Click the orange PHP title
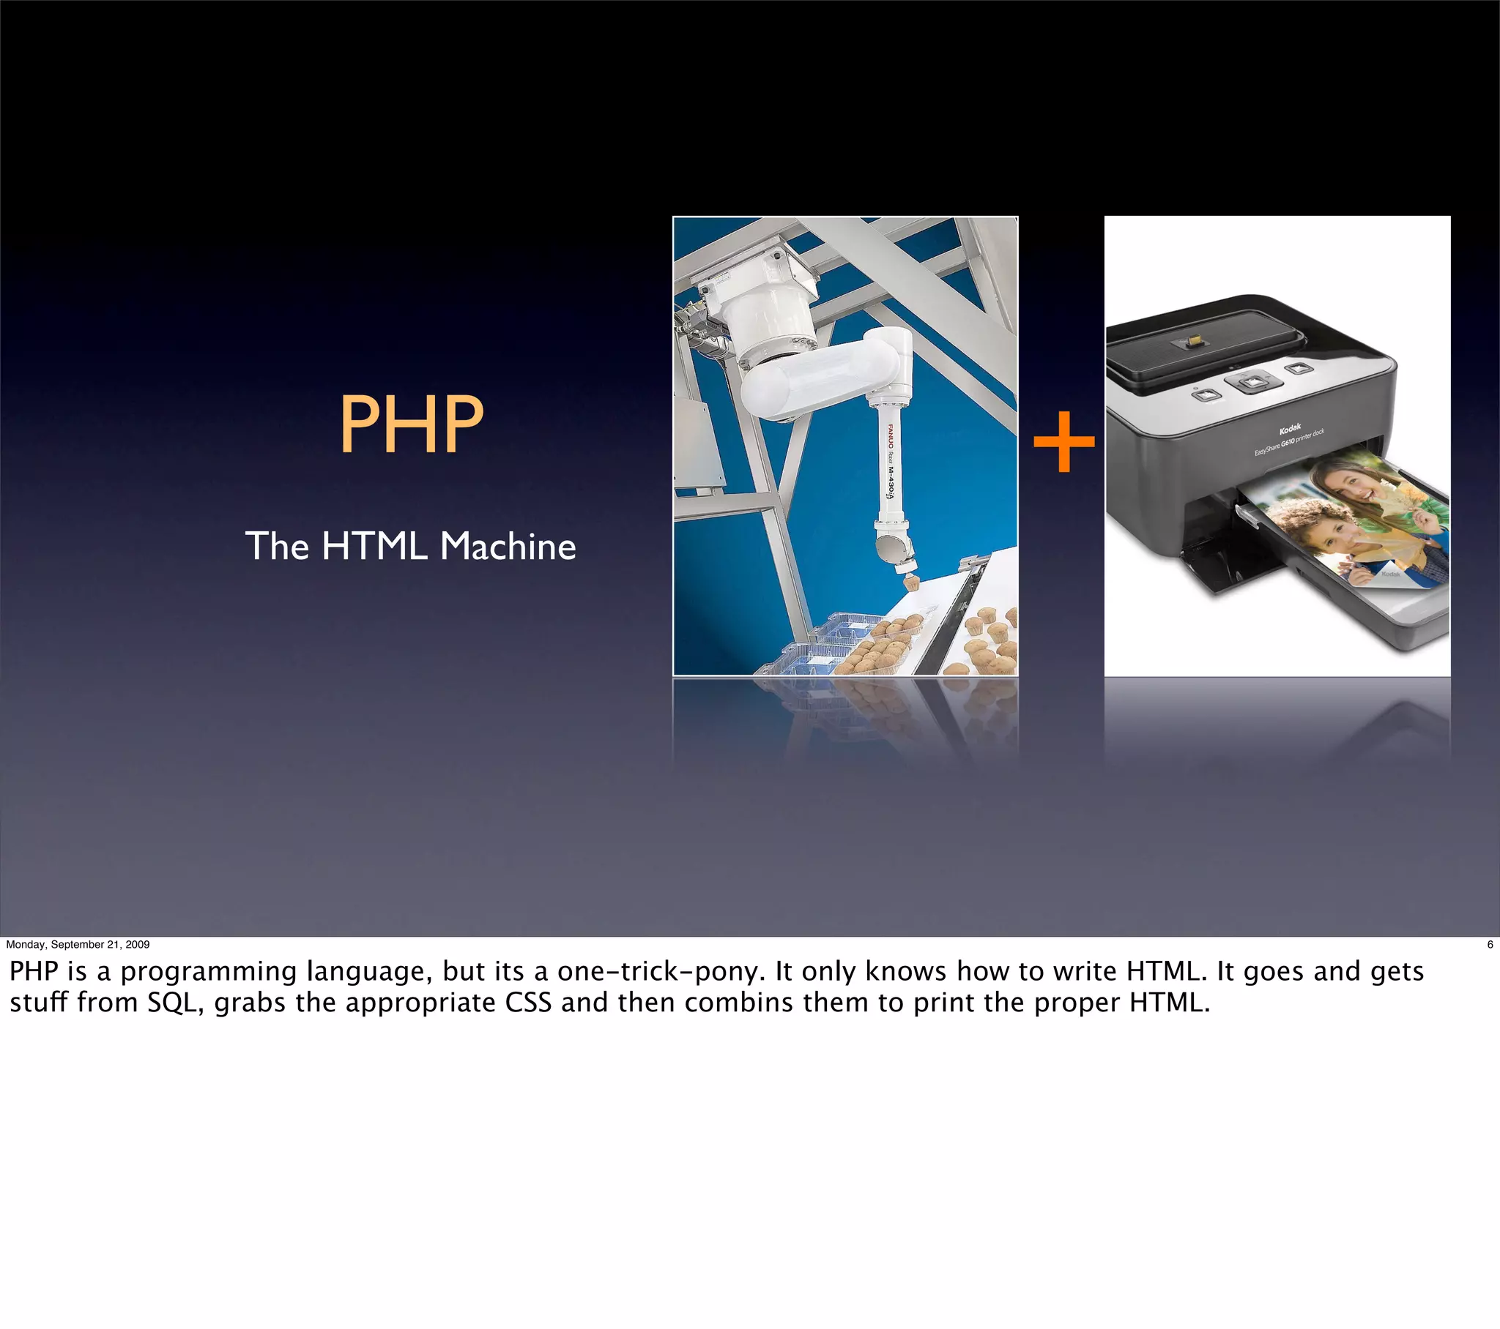pyautogui.click(x=411, y=424)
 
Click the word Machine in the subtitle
pyautogui.click(x=508, y=547)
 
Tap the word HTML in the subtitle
pyautogui.click(x=374, y=547)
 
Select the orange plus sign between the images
pyautogui.click(x=1063, y=441)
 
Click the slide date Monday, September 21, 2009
pyautogui.click(x=78, y=944)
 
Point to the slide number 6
pyautogui.click(x=1489, y=944)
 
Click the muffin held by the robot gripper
pyautogui.click(x=911, y=584)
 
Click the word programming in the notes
pyautogui.click(x=209, y=973)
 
